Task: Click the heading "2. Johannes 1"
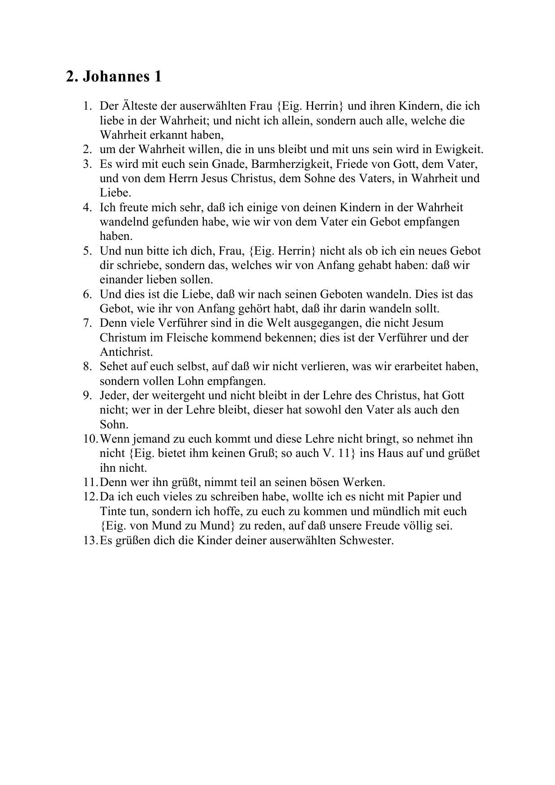pyautogui.click(x=113, y=77)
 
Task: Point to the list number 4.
pyautogui.click(x=87, y=208)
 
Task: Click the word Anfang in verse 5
pyautogui.click(x=336, y=265)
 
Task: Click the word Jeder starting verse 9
pyautogui.click(x=113, y=396)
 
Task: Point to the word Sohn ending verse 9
pyautogui.click(x=114, y=424)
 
